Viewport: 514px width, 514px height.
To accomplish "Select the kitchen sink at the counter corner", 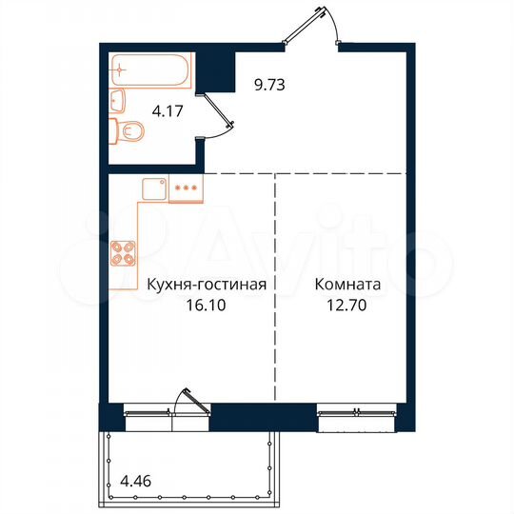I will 154,189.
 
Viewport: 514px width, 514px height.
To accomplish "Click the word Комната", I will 349,283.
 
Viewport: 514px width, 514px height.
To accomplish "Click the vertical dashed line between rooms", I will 275,286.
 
